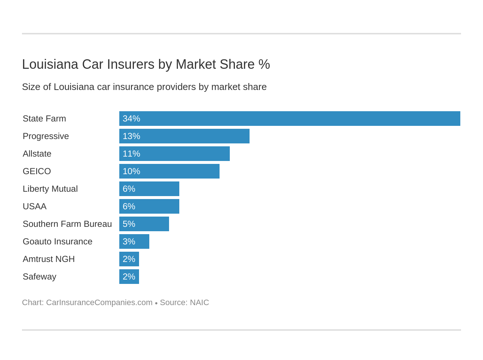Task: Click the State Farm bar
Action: pos(289,119)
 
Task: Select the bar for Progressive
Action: pos(184,136)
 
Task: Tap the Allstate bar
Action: pos(174,154)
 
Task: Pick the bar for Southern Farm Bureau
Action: pos(144,224)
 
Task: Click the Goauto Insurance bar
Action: pos(134,241)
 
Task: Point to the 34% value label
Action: pos(131,119)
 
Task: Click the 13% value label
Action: pos(131,136)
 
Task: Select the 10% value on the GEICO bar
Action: pos(131,171)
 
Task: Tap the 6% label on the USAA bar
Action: pos(129,206)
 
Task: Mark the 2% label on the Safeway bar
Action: pos(129,277)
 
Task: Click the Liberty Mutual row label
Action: pos(50,189)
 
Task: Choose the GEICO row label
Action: pos(37,171)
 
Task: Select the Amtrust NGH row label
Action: pos(49,259)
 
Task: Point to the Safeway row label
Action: pos(40,277)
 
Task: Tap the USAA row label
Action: pos(34,206)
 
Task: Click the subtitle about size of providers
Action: pos(144,87)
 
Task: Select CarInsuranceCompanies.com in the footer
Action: pos(99,303)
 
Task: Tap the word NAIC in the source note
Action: pos(199,303)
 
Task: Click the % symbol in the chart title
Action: pos(264,64)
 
